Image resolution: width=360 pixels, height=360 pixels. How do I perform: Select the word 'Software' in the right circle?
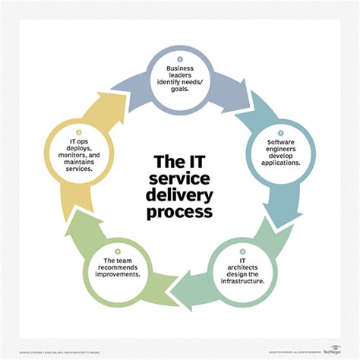[x=283, y=141]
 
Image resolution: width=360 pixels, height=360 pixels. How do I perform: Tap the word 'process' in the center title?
[x=179, y=213]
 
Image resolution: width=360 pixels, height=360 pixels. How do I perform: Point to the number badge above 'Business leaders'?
[x=180, y=58]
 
